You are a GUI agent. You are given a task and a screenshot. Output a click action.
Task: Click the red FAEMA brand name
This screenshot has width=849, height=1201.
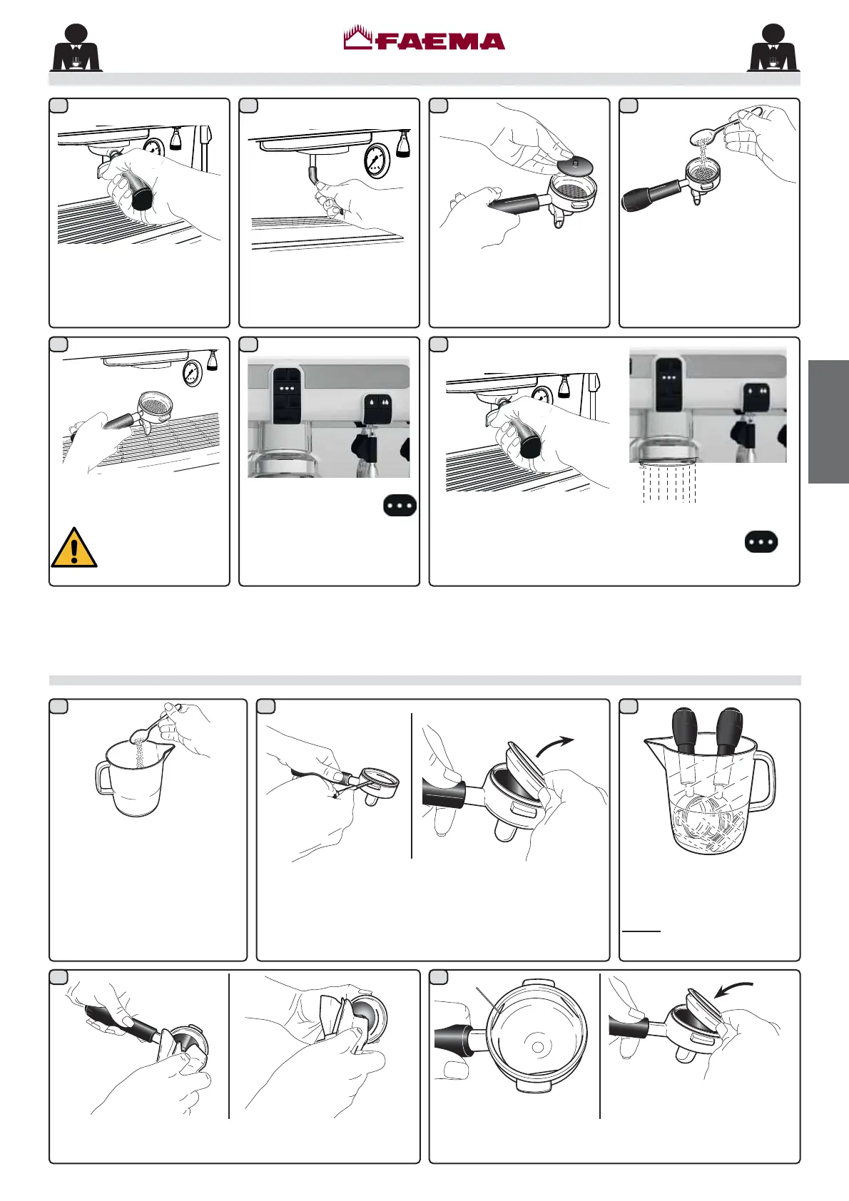tap(440, 42)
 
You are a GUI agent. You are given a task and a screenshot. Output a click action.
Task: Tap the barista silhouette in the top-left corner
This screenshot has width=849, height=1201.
tap(76, 48)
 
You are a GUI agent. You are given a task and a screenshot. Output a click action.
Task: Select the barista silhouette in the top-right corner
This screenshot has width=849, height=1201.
tap(773, 48)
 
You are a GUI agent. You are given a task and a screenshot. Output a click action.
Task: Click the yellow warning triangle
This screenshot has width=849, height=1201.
tap(74, 548)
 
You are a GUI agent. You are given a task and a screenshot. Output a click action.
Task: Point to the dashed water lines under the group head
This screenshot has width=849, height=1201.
tap(669, 483)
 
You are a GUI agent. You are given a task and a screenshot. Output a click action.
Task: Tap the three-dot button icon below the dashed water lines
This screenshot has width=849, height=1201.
tap(761, 542)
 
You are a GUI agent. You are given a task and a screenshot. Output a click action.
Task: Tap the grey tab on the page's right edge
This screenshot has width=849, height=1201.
tap(828, 422)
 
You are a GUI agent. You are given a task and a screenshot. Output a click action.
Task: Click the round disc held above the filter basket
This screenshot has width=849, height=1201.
tap(574, 165)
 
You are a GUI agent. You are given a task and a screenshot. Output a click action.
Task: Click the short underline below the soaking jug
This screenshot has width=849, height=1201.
tap(641, 931)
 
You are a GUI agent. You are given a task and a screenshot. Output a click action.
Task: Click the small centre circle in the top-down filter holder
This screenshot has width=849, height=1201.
tap(537, 1046)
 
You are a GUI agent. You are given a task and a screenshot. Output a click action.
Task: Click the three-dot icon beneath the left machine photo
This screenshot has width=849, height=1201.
tap(400, 506)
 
